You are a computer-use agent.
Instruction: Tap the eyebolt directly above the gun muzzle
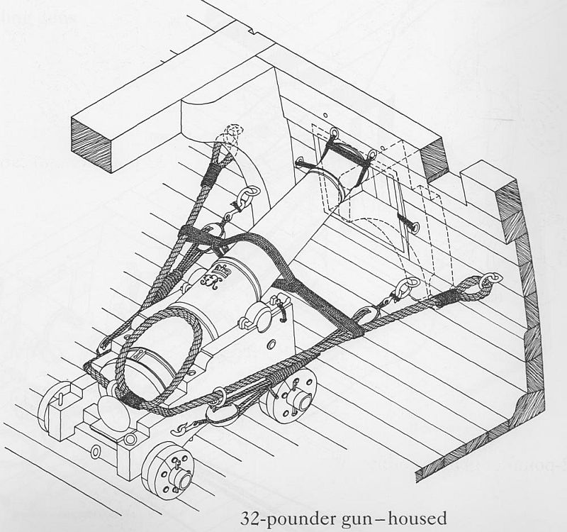click(x=335, y=133)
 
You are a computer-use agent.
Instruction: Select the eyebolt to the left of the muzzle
click(x=300, y=161)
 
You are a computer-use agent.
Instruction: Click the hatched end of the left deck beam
click(x=92, y=145)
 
